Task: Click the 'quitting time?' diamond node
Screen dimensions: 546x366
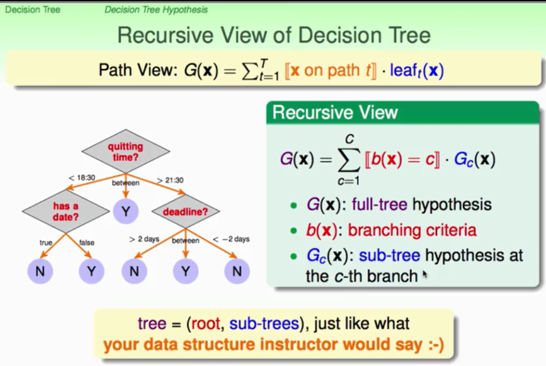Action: [126, 151]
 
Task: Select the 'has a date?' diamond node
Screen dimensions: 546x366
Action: [66, 211]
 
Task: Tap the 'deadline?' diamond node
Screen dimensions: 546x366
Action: [185, 211]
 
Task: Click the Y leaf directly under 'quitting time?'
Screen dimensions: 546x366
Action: [126, 211]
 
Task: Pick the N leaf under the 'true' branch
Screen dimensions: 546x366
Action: [40, 271]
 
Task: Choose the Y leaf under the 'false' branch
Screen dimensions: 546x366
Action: [91, 271]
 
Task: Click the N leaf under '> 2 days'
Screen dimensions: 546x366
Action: [134, 271]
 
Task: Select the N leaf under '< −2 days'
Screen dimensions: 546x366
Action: [237, 271]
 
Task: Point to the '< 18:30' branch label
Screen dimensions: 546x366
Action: [82, 178]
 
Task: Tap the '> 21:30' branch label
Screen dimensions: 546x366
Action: [170, 180]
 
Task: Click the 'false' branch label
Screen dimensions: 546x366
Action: [86, 242]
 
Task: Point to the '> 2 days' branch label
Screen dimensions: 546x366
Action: [144, 239]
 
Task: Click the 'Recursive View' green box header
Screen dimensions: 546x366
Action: [402, 112]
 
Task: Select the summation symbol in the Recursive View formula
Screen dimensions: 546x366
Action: [349, 160]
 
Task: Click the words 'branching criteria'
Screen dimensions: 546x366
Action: [412, 230]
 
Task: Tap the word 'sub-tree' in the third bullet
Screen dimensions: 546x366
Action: [389, 255]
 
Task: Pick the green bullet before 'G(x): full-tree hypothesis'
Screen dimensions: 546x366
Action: [294, 205]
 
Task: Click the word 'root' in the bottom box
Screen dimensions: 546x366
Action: [205, 324]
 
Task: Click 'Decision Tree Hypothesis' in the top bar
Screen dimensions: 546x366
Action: [156, 10]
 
